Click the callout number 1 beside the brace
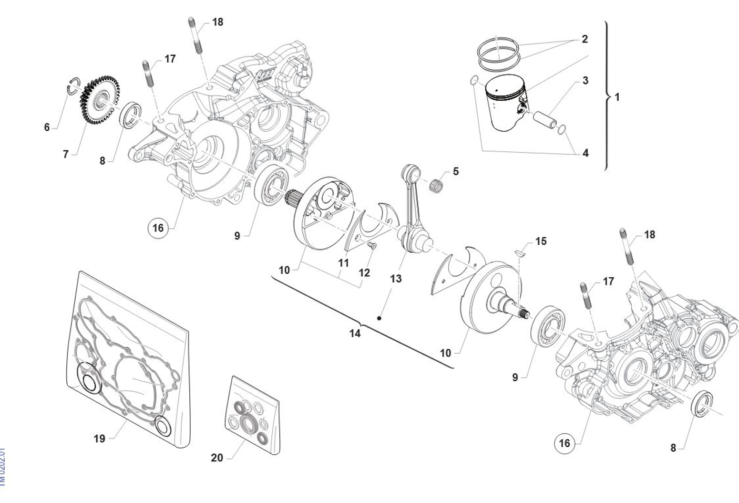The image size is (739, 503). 617,97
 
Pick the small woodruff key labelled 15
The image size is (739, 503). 520,252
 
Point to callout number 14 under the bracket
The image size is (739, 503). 355,334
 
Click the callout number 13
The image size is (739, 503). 396,279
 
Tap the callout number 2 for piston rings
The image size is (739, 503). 585,39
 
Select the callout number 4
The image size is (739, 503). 585,153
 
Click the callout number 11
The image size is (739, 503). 343,263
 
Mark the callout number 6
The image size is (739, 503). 47,127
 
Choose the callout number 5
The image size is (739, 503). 456,171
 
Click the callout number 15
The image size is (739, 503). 541,241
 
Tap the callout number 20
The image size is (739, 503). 216,458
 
